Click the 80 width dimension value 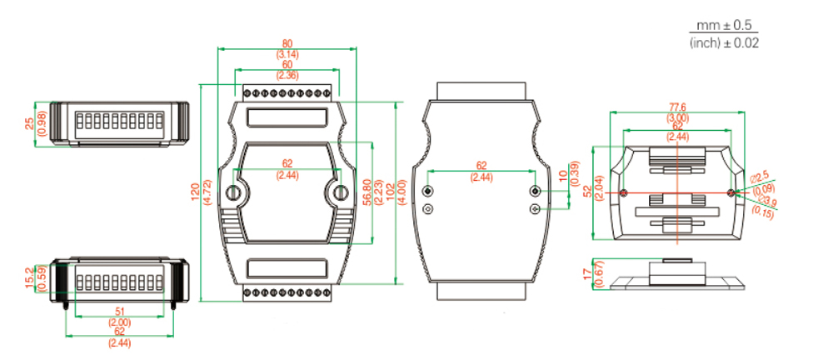pyautogui.click(x=287, y=44)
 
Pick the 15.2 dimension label pyautogui.click(x=30, y=275)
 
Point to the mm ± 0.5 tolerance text pyautogui.click(x=724, y=27)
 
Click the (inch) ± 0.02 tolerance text pyautogui.click(x=724, y=42)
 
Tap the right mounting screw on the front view pyautogui.click(x=340, y=193)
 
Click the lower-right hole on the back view pyautogui.click(x=535, y=209)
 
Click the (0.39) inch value pyautogui.click(x=574, y=176)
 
